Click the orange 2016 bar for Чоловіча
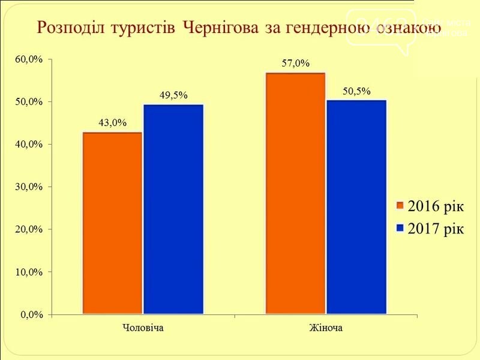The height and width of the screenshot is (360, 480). [112, 223]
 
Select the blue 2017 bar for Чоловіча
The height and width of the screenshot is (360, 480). [173, 209]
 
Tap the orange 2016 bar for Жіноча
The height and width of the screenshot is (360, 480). [295, 193]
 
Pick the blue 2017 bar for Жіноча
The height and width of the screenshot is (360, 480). [356, 207]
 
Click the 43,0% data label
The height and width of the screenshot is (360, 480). [112, 123]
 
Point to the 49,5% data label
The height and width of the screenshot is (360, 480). [173, 95]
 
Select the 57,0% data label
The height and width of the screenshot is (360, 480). [295, 63]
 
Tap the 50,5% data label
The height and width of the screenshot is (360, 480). [356, 91]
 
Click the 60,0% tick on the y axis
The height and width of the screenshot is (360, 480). [29, 59]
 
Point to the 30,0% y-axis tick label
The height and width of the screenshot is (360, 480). [29, 187]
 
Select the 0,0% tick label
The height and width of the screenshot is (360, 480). [31, 314]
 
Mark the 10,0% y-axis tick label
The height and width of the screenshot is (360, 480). [29, 272]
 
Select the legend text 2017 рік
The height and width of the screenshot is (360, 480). [436, 229]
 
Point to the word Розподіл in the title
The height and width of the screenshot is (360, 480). [67, 28]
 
